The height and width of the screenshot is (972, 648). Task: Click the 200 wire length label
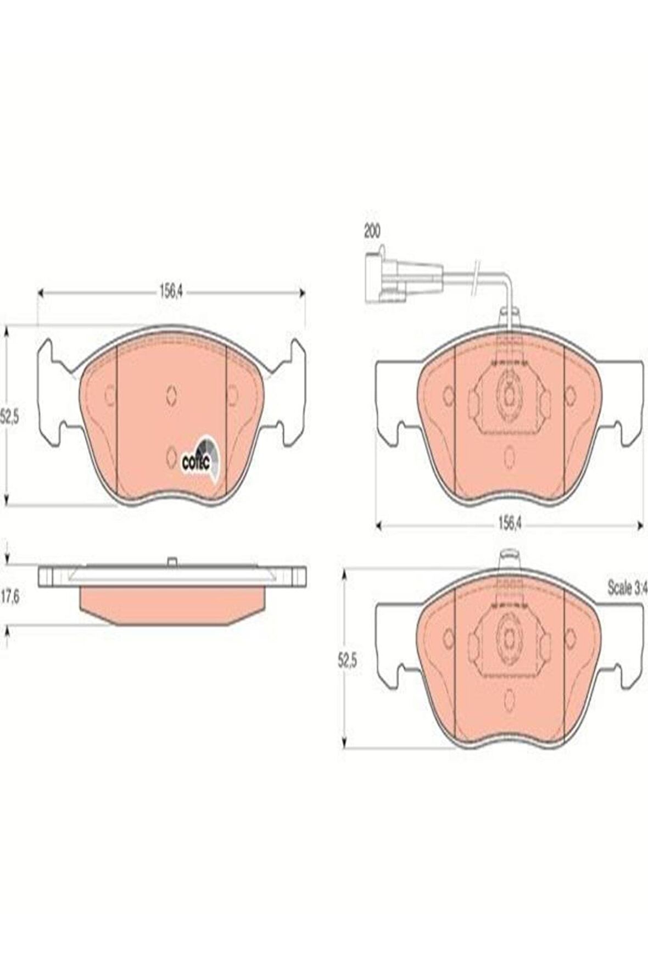coord(372,231)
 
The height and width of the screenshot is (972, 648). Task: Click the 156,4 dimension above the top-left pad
coord(171,292)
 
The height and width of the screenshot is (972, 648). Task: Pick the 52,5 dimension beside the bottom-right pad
coord(347,662)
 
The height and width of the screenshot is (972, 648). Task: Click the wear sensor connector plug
coord(404,276)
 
